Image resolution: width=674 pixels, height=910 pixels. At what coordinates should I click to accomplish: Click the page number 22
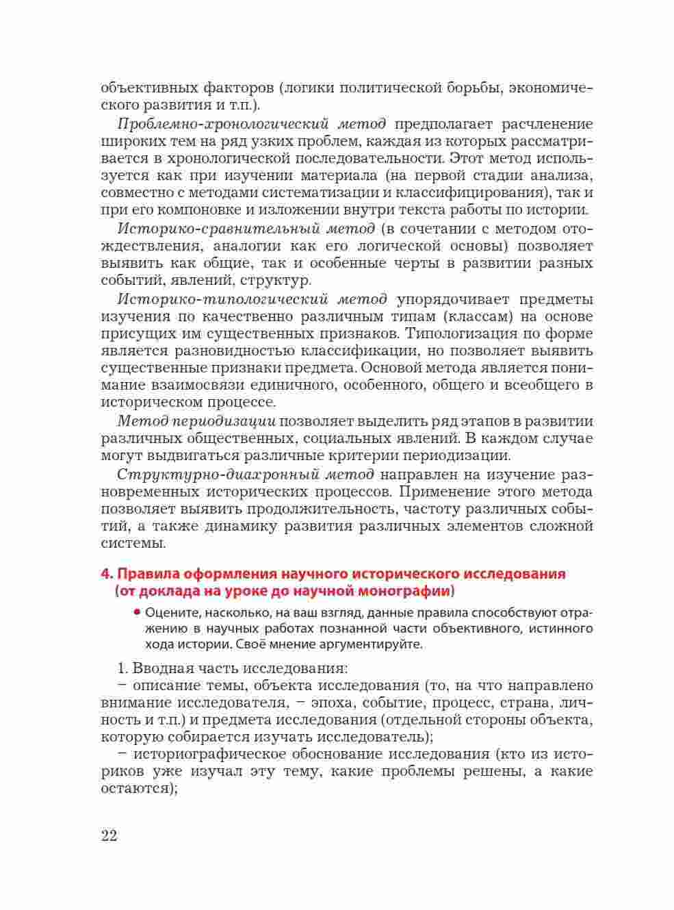point(109,836)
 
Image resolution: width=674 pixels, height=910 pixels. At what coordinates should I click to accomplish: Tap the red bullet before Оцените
point(138,611)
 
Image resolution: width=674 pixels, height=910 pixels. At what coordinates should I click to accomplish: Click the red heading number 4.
point(105,574)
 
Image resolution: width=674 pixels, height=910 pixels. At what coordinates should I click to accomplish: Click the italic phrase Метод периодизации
point(196,421)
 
